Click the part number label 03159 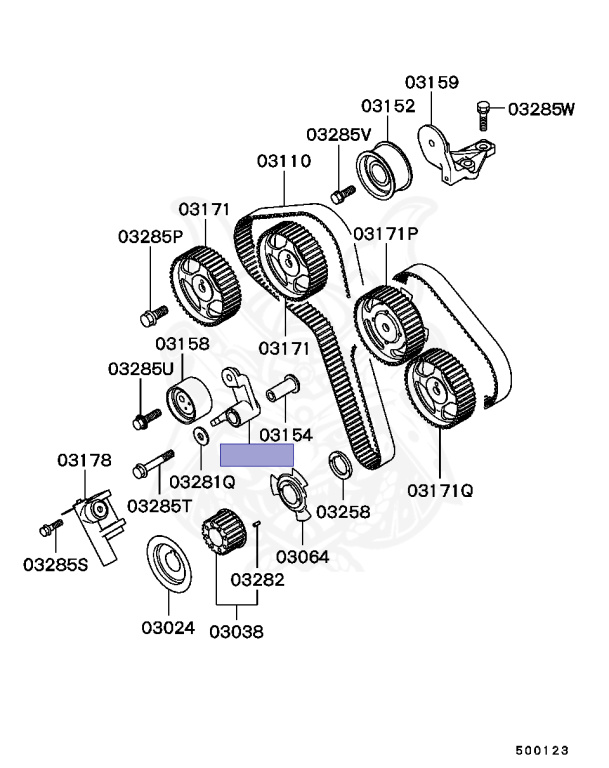click(x=432, y=82)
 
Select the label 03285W click(x=541, y=108)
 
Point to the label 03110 click(x=283, y=160)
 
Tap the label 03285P click(x=150, y=237)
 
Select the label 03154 click(x=286, y=435)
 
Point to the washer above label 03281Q click(x=200, y=435)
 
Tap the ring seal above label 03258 click(x=338, y=464)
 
